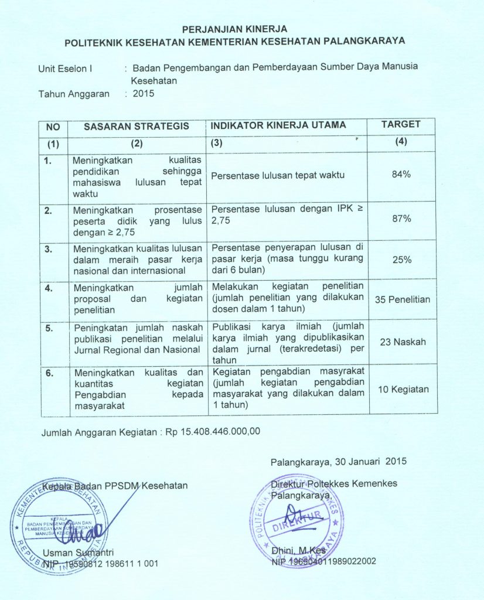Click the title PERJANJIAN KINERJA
pos(234,29)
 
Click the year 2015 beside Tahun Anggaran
pos(144,93)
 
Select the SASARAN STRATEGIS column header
pos(137,126)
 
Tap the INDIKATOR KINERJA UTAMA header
pos(278,125)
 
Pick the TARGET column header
pos(401,125)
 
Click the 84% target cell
pos(401,175)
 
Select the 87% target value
pos(401,219)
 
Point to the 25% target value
pos(401,260)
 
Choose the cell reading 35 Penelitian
pos(403,299)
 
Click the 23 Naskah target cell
pos(402,342)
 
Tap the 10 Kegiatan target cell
pos(402,389)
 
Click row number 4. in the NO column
pos(49,288)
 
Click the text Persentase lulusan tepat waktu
pos(278,175)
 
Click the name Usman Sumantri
pos(79,552)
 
